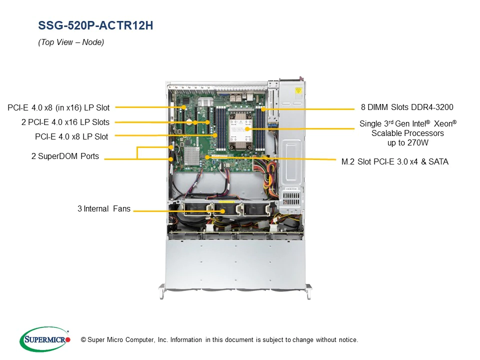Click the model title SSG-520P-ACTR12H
coord(95,25)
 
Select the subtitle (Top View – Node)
coord(71,42)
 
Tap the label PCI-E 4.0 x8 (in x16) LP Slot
coord(58,108)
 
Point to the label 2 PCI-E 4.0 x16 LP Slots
coord(65,122)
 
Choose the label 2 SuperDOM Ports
coord(65,156)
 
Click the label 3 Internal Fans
coord(104,209)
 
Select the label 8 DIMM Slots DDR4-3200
coord(407,107)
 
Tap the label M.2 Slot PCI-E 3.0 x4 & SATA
coord(395,161)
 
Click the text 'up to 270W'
coord(408,143)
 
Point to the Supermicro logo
coord(45,339)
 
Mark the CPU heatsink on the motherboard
coord(240,130)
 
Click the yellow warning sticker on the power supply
coord(298,91)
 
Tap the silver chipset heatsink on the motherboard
coord(191,155)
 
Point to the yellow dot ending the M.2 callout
coord(207,157)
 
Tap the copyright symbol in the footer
coord(83,340)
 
